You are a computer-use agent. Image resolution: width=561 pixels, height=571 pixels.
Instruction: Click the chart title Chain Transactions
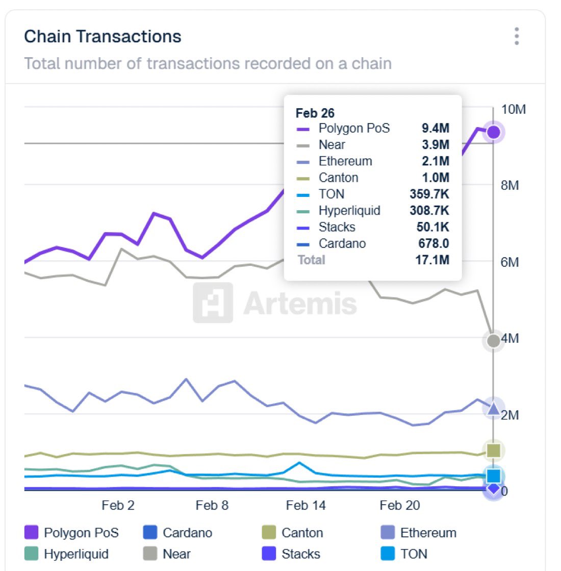103,37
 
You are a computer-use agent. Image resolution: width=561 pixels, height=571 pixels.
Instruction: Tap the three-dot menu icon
517,37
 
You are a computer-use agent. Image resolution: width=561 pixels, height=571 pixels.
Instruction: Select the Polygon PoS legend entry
71,533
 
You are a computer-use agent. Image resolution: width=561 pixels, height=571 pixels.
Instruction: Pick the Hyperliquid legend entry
66,554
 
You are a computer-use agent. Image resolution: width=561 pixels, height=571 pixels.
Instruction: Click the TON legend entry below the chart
404,554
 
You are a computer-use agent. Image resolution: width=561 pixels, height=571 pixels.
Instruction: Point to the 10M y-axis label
513,110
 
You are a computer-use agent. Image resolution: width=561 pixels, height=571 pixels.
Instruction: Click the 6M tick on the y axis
509,262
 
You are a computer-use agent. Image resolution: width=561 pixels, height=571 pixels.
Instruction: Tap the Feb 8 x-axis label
212,506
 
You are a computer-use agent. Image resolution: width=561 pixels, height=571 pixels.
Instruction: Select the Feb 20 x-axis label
399,506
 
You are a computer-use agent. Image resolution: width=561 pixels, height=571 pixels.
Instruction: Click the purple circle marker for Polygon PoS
493,133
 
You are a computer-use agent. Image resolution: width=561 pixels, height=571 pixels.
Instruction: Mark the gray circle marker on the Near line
493,341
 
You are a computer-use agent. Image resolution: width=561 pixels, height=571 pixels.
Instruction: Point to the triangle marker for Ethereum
493,408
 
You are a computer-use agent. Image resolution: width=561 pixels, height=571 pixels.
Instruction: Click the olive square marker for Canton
493,451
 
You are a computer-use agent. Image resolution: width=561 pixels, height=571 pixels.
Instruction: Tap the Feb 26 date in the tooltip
315,113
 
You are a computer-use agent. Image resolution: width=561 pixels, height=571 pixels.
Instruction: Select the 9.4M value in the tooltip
435,128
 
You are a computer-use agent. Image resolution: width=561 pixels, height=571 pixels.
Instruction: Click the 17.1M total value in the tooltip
432,260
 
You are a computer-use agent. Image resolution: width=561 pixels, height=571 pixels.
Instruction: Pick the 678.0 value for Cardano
433,243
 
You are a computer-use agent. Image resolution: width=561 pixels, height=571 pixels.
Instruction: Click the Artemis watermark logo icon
213,303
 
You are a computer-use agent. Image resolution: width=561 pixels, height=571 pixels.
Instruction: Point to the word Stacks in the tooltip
337,227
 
